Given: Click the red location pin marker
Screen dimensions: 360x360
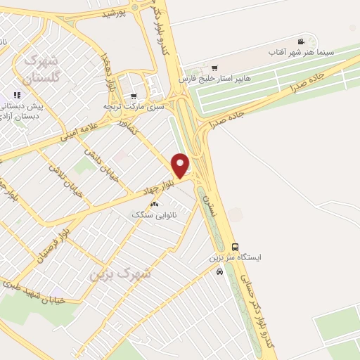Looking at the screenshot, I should (181, 166).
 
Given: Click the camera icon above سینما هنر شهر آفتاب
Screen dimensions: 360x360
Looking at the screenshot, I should (302, 42).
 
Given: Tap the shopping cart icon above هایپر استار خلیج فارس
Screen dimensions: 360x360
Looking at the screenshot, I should (214, 68).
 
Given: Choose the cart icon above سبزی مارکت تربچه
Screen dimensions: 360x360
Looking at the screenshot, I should (134, 96).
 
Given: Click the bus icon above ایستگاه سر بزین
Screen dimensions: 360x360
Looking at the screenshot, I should (235, 247).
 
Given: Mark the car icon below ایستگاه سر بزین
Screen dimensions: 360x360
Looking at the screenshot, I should (220, 271).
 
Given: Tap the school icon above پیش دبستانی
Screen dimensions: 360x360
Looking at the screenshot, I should (18, 94).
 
